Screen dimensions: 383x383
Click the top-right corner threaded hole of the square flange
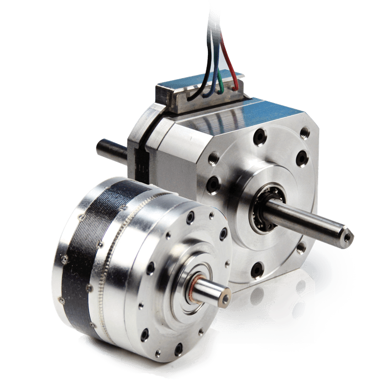click(305, 133)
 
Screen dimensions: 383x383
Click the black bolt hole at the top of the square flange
click(260, 136)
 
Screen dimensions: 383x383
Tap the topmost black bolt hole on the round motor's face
click(190, 218)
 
